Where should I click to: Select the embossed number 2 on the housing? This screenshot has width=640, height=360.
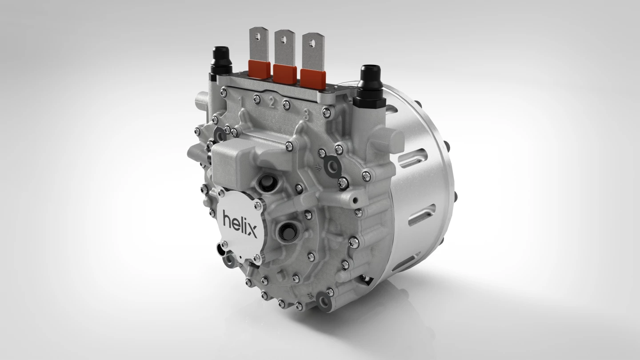pos(271,104)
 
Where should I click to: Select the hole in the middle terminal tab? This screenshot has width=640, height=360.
pos(284,38)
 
